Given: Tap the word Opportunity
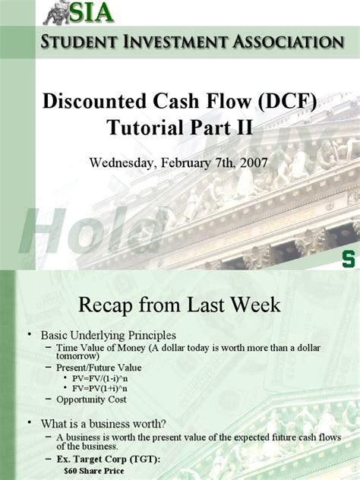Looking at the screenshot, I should [79, 399].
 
